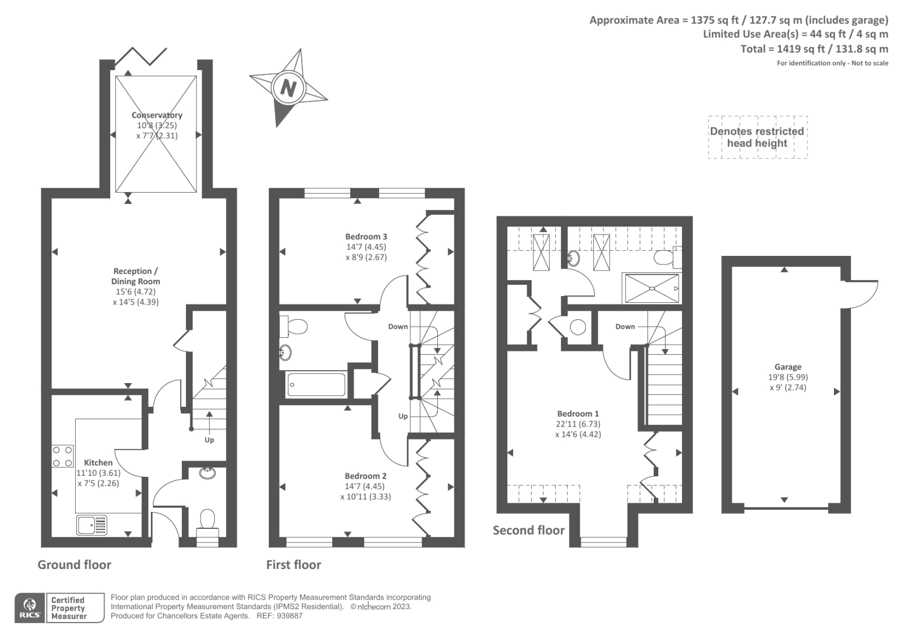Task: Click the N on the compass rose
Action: tap(288, 88)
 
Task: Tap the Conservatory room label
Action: tap(157, 115)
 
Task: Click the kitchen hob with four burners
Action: tap(63, 456)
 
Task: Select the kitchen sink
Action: tap(92, 525)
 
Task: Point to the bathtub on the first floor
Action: tap(316, 384)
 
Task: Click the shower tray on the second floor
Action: tap(652, 288)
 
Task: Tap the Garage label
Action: tap(788, 367)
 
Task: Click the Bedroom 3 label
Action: tap(366, 237)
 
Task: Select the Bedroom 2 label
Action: tap(366, 476)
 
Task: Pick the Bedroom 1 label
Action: tap(578, 414)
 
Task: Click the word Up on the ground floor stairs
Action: tap(209, 440)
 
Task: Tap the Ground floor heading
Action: tap(74, 564)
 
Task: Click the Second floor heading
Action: tap(529, 530)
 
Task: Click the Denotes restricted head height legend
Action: tap(757, 137)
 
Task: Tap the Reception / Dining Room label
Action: tap(136, 276)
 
